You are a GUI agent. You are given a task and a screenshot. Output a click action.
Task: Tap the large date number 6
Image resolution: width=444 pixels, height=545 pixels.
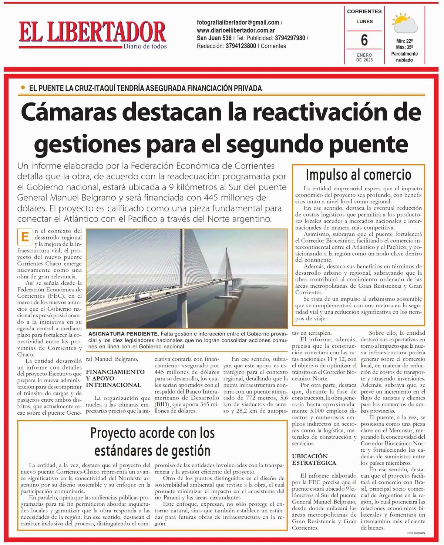pyautogui.click(x=364, y=40)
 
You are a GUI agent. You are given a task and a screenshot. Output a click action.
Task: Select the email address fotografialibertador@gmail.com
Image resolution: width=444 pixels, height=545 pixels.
pyautogui.click(x=238, y=22)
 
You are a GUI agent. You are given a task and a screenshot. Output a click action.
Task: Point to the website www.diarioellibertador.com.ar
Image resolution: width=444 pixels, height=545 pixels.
pyautogui.click(x=236, y=30)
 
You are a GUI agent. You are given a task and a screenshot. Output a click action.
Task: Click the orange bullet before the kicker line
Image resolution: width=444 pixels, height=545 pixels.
pyautogui.click(x=23, y=88)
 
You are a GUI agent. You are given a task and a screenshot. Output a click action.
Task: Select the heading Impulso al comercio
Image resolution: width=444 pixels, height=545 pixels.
pyautogui.click(x=358, y=174)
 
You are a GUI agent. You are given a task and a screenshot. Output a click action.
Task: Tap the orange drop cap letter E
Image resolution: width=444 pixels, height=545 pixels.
pyautogui.click(x=25, y=237)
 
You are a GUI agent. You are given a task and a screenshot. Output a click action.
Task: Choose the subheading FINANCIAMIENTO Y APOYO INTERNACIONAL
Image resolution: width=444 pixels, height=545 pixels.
pyautogui.click(x=115, y=378)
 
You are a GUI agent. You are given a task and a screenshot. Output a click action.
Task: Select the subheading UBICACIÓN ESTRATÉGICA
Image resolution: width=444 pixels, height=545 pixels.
pyautogui.click(x=314, y=459)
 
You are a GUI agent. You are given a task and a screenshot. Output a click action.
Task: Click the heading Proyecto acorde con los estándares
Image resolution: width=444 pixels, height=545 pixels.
pyautogui.click(x=152, y=442)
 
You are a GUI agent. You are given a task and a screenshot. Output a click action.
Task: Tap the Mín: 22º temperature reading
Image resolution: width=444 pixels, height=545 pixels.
pyautogui.click(x=404, y=41)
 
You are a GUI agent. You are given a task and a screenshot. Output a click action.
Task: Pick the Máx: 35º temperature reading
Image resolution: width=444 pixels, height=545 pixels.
pyautogui.click(x=404, y=47)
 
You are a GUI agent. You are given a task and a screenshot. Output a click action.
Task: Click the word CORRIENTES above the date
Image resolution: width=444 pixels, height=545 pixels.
pyautogui.click(x=364, y=11)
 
